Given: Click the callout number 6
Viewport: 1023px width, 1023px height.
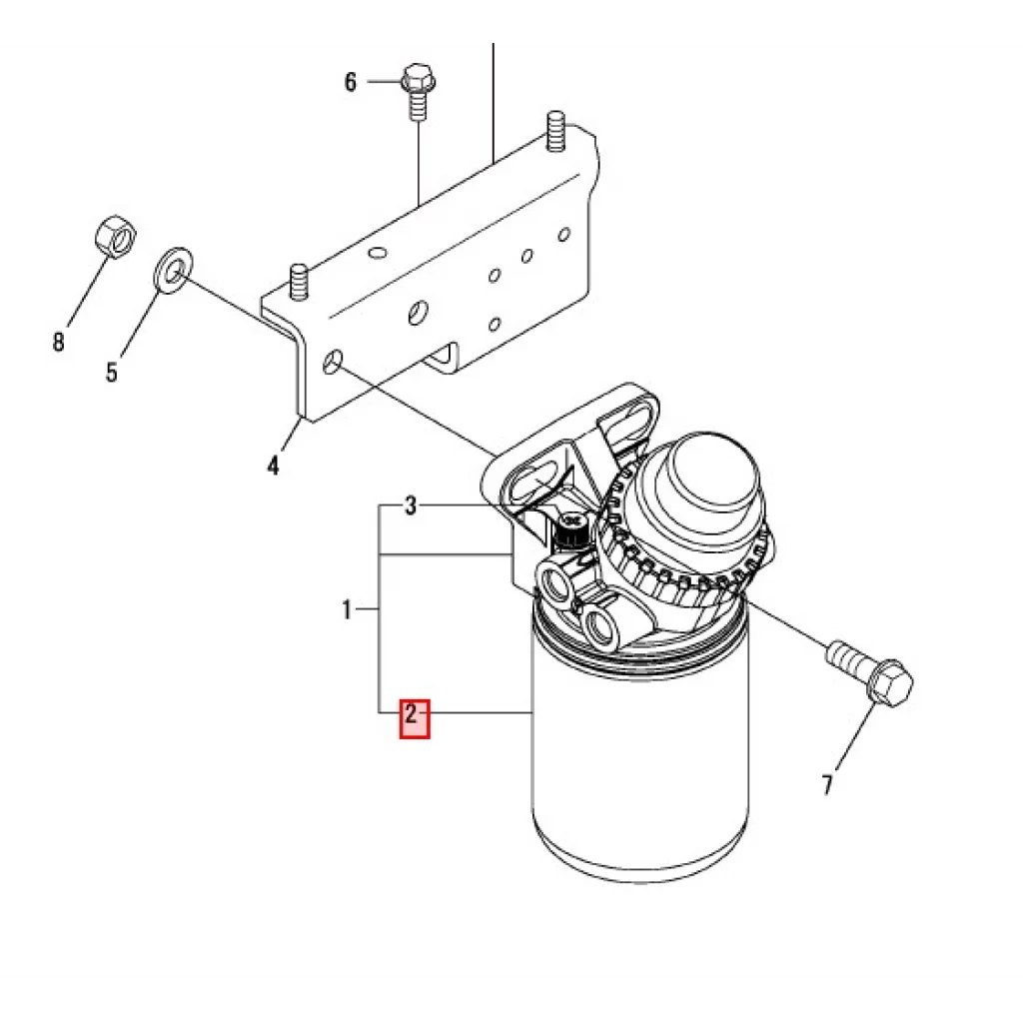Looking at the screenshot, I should coord(350,82).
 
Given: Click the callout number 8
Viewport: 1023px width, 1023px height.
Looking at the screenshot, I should coord(58,343).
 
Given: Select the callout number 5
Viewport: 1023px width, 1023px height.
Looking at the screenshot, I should coord(112,373).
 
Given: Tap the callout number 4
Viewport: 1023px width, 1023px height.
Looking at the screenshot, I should coord(273,466).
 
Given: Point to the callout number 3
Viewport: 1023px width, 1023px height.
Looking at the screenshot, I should coord(410,506).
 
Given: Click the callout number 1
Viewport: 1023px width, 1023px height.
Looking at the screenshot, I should coord(347,609).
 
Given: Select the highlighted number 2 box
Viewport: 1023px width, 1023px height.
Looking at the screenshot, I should coord(415,718).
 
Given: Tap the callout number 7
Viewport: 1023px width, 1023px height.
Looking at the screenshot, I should coord(827,786).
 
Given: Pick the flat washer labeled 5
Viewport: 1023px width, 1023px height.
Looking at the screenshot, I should coord(174,269).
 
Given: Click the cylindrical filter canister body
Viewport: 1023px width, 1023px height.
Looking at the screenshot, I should coord(639,779).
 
